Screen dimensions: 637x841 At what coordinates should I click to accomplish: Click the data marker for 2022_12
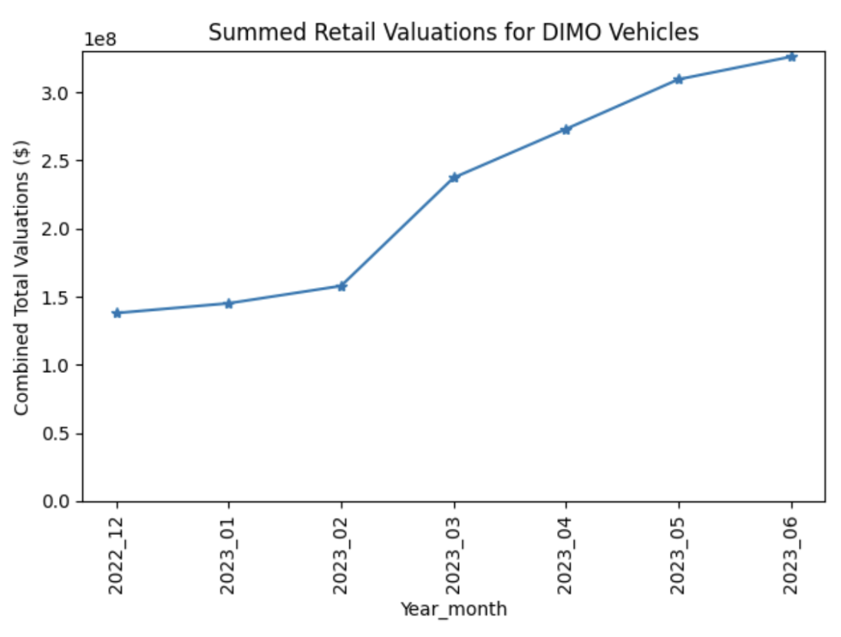tap(117, 312)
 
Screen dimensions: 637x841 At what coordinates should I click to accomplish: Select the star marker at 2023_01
tap(229, 303)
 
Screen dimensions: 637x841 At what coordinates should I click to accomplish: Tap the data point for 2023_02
tap(341, 286)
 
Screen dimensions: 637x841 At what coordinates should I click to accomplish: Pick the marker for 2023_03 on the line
tap(454, 177)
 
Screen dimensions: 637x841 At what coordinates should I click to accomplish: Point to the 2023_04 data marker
tap(566, 129)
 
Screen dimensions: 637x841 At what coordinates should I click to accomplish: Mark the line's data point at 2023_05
tap(678, 79)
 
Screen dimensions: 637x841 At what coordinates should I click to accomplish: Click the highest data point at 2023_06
tap(791, 57)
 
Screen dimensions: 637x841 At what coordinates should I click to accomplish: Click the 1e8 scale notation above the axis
tap(99, 39)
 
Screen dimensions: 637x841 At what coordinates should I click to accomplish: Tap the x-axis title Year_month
tap(453, 609)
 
